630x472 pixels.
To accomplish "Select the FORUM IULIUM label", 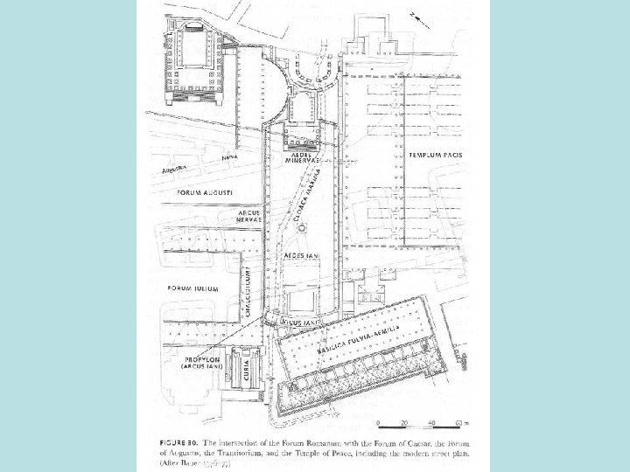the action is click(192, 288).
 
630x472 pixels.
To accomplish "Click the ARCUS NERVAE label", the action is click(251, 216).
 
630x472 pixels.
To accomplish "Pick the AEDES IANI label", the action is click(301, 254).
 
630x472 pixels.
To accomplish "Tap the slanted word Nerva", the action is click(229, 157).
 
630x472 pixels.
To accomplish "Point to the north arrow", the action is click(423, 17).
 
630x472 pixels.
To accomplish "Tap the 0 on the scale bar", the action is click(377, 424).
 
